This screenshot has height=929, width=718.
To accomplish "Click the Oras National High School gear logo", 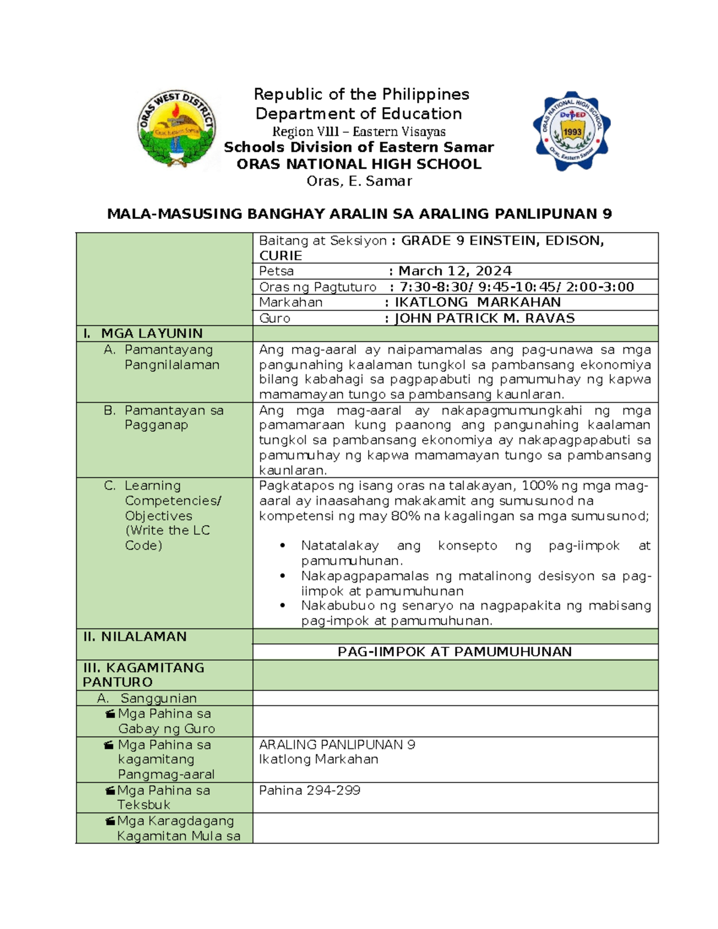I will tap(571, 131).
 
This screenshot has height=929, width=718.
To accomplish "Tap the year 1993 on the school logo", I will tap(572, 132).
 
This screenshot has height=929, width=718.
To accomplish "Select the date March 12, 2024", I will tap(455, 271).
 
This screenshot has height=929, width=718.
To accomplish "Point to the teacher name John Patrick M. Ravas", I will tap(485, 318).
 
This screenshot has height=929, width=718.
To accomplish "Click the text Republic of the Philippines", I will tap(361, 95).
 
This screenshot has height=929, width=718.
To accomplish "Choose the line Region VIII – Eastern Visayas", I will tap(359, 132).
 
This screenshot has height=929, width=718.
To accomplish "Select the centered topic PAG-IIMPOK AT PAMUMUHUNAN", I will tap(455, 652).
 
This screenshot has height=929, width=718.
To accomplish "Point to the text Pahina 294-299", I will tap(309, 790).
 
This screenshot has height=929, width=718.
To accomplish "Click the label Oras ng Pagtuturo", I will tap(317, 287).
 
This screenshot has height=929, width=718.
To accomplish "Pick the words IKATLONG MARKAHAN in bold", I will tap(477, 303).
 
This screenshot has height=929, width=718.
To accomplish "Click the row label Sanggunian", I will tap(158, 698).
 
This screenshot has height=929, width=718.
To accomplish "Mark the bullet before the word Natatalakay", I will tap(282, 546).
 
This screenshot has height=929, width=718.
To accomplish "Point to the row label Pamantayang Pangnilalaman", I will tap(171, 357).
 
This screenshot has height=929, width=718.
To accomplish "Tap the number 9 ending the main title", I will tap(607, 214).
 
